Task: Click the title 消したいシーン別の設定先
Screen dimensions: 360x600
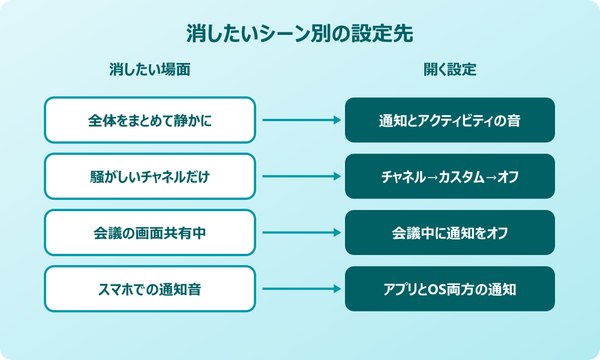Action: (x=300, y=34)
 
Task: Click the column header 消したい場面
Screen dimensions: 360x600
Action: (x=150, y=70)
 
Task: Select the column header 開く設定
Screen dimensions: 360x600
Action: (x=450, y=70)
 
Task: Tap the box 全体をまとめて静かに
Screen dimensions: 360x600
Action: (x=150, y=120)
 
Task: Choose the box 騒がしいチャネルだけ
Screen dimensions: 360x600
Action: (x=150, y=176)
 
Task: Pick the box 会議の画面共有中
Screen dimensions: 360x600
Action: (x=150, y=232)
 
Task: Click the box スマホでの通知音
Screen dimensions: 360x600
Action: (x=150, y=289)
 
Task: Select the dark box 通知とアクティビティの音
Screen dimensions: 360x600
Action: (x=450, y=120)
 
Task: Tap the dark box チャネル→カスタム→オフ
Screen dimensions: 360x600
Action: (x=450, y=176)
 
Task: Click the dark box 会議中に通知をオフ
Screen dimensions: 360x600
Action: (x=450, y=232)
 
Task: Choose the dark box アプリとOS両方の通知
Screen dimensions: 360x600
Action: (x=450, y=289)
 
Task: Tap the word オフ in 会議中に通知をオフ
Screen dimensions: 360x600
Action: (x=497, y=233)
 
